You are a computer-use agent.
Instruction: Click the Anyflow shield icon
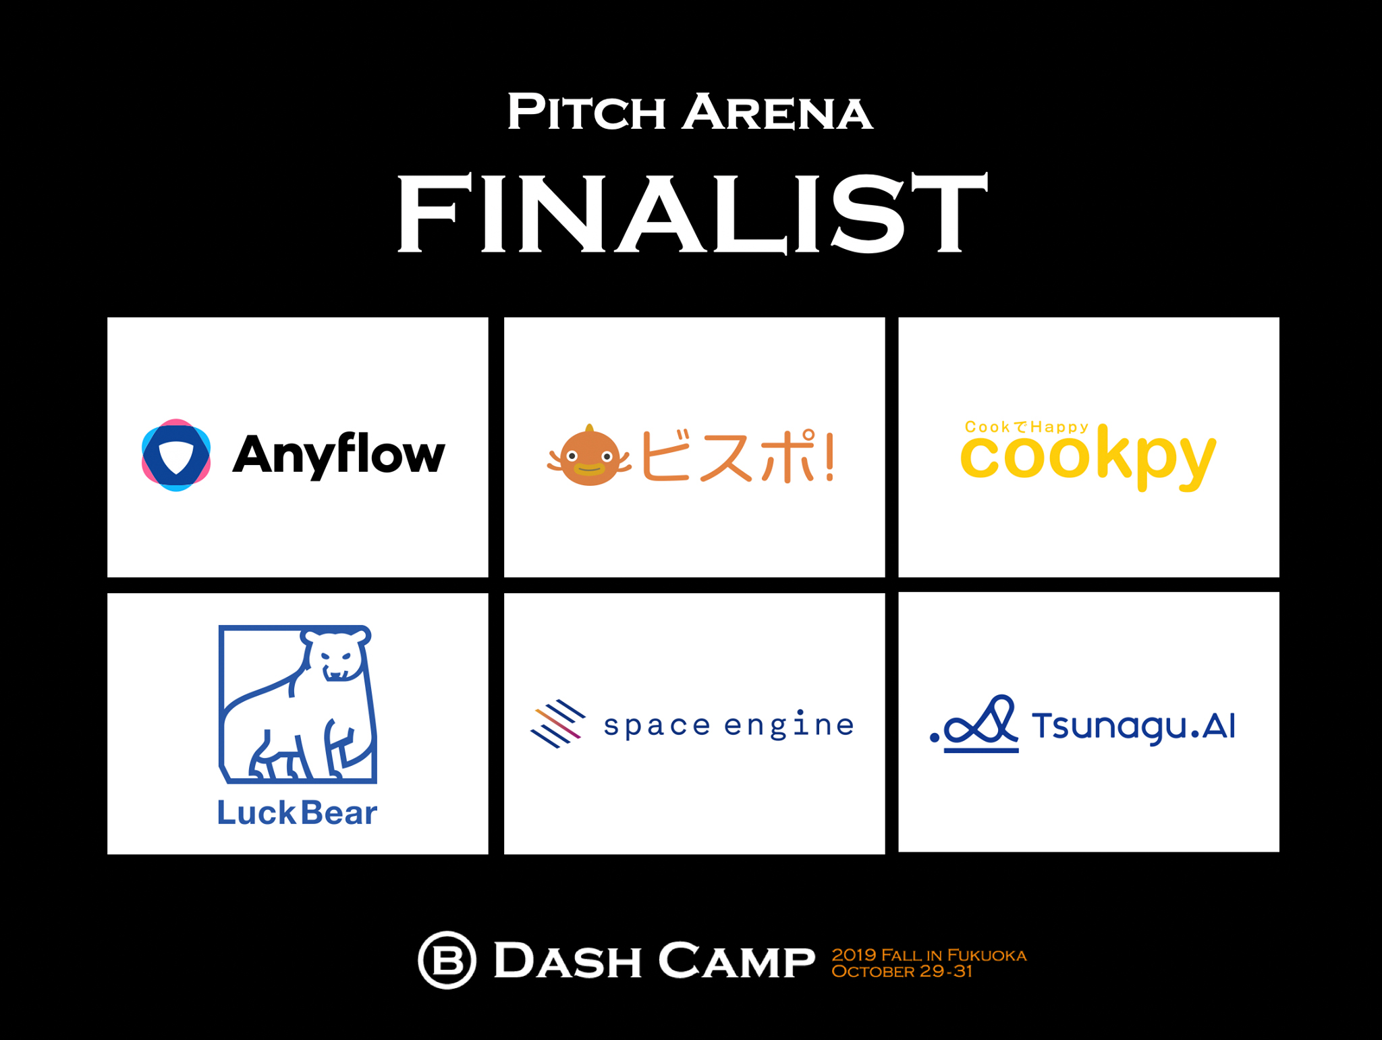coord(176,455)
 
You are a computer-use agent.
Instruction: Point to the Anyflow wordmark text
coord(339,455)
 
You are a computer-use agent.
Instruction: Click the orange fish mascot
coord(590,457)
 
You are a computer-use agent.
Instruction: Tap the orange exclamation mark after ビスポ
coord(829,457)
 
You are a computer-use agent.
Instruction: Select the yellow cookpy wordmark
coord(1088,457)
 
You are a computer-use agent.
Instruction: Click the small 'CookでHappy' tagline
coord(1026,427)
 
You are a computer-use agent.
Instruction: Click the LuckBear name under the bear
coord(297,813)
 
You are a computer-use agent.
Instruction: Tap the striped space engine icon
coord(557,724)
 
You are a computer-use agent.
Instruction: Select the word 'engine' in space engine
coord(789,726)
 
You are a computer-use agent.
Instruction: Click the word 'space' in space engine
coord(657,727)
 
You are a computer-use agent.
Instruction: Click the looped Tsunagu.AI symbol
coord(976,724)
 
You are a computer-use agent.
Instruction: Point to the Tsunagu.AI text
coord(1134,727)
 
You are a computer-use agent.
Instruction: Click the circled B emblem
coord(447,959)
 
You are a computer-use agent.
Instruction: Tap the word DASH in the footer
coord(568,960)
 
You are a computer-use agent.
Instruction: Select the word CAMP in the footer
coord(736,960)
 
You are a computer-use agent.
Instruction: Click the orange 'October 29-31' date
coord(902,972)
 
